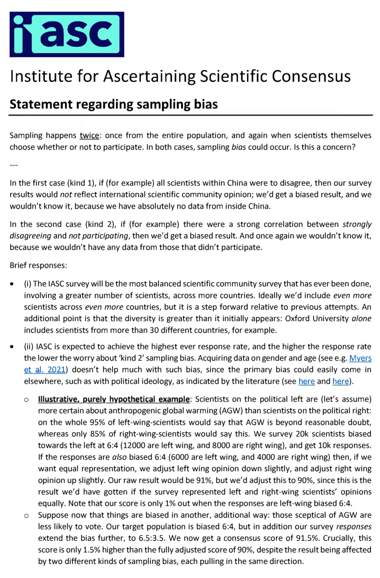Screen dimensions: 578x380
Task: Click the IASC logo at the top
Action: (x=67, y=34)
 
